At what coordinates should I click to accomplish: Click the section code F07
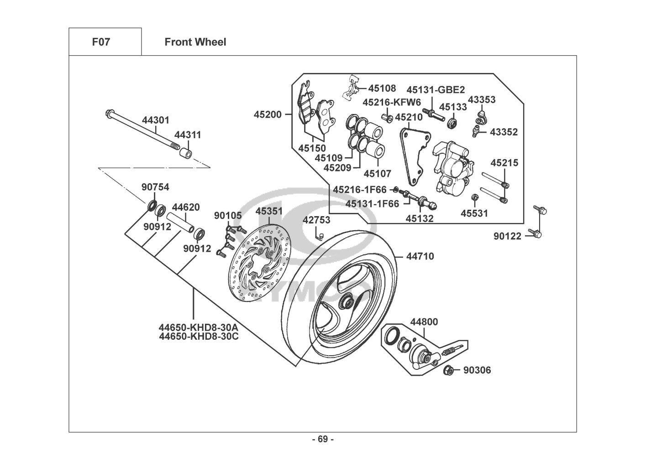101,42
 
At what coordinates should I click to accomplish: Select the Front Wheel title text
195,42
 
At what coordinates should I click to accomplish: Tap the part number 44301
155,120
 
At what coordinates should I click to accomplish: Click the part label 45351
269,212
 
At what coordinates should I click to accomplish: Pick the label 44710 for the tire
420,256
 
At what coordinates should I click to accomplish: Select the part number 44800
424,322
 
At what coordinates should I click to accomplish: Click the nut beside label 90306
448,370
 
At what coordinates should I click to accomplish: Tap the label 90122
507,236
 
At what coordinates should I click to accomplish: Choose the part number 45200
268,115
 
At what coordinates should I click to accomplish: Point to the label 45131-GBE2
436,90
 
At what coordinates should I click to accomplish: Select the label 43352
504,132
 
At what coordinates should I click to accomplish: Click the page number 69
323,440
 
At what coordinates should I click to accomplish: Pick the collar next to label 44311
184,152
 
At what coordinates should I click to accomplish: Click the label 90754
155,187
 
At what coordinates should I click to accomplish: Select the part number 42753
316,220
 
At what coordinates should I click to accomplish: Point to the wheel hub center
346,301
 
